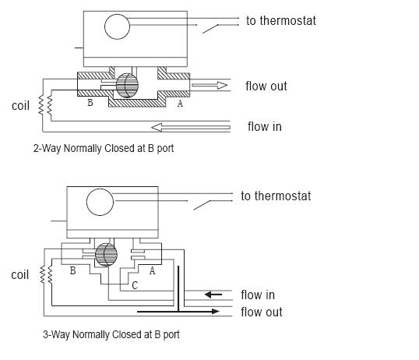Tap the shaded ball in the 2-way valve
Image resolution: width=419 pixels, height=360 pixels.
pos(127,85)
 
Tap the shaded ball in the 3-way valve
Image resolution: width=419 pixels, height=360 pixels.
pos(106,255)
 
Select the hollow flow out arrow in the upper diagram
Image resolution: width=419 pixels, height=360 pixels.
pos(209,85)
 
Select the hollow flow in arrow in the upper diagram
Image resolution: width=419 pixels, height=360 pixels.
pos(191,127)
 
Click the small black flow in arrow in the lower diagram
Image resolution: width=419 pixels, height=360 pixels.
pos(213,295)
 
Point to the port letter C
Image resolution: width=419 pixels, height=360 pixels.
pos(135,286)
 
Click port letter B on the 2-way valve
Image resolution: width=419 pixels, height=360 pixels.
pos(90,102)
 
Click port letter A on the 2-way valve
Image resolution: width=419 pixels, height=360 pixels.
pos(180,103)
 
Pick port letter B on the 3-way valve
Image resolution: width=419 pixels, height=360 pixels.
pos(72,270)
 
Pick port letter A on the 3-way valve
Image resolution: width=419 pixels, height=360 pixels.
pos(152,270)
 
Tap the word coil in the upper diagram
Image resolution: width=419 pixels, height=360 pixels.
pos(20,106)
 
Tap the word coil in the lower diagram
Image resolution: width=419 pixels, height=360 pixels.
pos(20,275)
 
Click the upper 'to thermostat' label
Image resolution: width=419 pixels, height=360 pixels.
pos(281,21)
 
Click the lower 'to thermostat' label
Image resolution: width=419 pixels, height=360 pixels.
pos(276,196)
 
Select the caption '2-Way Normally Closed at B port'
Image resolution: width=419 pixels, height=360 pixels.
pos(104,148)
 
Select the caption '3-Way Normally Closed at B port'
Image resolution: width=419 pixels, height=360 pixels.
pos(111,334)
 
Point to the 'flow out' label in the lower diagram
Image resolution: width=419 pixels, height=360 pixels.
pos(262,312)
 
